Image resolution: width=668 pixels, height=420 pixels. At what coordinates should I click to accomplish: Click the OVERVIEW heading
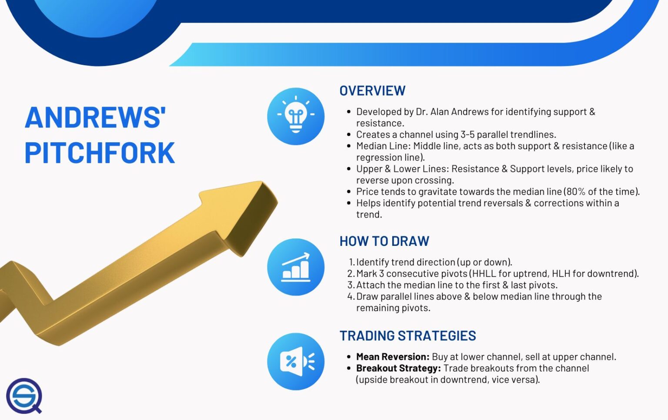pos(372,91)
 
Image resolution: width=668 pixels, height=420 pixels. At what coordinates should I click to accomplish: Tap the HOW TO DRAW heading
pos(384,241)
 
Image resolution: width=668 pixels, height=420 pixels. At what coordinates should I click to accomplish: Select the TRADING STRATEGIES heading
pos(407,336)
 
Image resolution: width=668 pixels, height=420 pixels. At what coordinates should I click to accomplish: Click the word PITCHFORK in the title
pos(100,153)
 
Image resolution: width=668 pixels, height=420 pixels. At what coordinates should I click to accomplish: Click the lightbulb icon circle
pos(296,116)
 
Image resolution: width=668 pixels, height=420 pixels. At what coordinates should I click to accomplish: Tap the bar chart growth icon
pos(296,267)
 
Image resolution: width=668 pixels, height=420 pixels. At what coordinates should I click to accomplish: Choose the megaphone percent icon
pos(296,361)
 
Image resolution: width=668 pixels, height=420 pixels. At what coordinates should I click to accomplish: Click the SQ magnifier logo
pos(24,396)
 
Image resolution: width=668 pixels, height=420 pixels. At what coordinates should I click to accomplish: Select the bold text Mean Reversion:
pos(393,357)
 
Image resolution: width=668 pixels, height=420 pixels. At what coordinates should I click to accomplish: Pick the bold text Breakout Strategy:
pos(398,368)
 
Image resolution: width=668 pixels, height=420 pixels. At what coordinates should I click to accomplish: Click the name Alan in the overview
pos(440,112)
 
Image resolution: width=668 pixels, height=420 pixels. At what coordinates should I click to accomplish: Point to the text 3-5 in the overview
pos(468,134)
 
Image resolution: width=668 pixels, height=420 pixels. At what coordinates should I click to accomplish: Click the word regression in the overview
pos(378,158)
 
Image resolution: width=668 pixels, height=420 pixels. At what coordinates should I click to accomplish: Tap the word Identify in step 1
pos(373,262)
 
